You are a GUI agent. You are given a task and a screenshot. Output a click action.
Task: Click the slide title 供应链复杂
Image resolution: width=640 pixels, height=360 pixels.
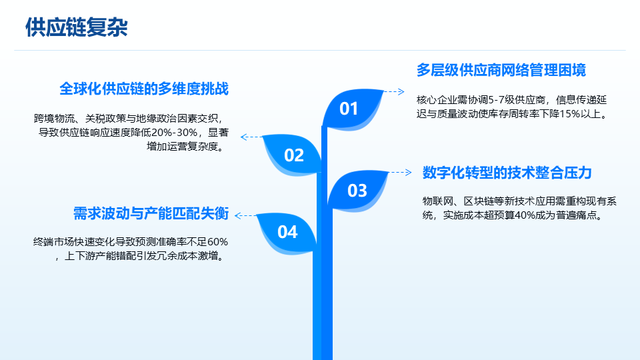(77, 27)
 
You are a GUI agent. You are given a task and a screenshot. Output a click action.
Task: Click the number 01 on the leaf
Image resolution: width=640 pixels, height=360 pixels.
(349, 109)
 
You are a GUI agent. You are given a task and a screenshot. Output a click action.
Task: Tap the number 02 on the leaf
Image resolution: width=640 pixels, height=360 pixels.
(294, 155)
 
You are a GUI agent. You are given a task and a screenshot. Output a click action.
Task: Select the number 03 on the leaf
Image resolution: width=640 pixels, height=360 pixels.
(357, 191)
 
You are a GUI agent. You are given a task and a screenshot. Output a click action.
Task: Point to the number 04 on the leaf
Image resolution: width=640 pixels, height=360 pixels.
(287, 232)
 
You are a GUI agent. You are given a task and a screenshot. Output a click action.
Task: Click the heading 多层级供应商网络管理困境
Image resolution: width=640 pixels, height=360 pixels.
(501, 70)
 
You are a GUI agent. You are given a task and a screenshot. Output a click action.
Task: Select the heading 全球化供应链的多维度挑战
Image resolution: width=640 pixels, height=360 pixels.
(144, 89)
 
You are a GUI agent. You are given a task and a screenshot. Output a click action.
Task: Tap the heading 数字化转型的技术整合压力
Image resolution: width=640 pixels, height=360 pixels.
(507, 173)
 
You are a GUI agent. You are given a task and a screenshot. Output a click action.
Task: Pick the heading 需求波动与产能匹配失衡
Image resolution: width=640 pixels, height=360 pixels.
(151, 213)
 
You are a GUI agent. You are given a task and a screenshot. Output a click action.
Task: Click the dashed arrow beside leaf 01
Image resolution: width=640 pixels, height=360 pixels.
(394, 91)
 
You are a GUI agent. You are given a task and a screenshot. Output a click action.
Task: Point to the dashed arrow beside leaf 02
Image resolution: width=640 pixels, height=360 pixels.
(251, 137)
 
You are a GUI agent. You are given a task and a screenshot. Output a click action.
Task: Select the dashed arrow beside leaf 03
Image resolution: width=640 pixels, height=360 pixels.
(401, 172)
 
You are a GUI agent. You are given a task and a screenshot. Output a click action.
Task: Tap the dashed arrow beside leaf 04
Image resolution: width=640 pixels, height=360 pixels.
(246, 215)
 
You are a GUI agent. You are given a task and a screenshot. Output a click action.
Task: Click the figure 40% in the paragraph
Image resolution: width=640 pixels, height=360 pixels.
(525, 215)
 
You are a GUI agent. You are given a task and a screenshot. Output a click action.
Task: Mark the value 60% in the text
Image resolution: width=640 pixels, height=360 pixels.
(217, 242)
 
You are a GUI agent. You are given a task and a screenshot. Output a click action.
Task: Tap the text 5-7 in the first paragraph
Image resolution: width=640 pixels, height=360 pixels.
(496, 100)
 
